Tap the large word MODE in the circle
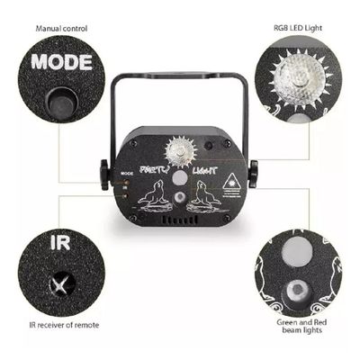62,63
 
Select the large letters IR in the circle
60,244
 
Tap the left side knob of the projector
104,173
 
